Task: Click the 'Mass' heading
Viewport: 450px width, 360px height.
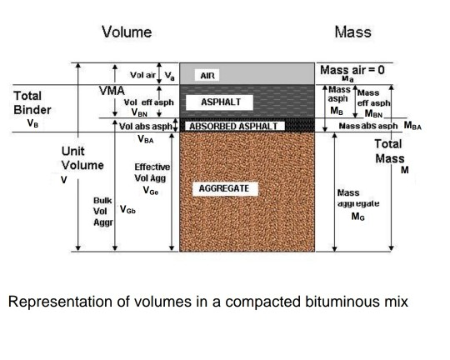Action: point(357,32)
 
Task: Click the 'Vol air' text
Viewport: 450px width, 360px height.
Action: point(145,74)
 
